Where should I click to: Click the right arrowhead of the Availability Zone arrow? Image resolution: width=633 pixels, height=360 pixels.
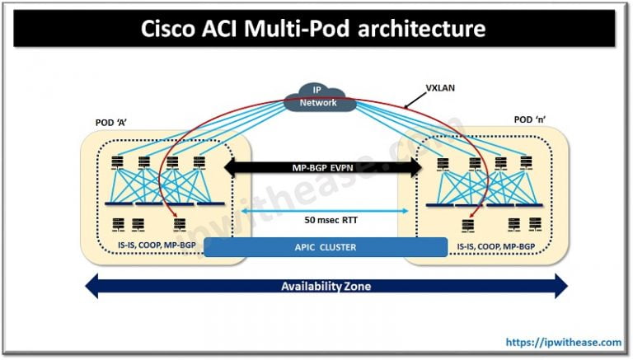pos(560,287)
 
